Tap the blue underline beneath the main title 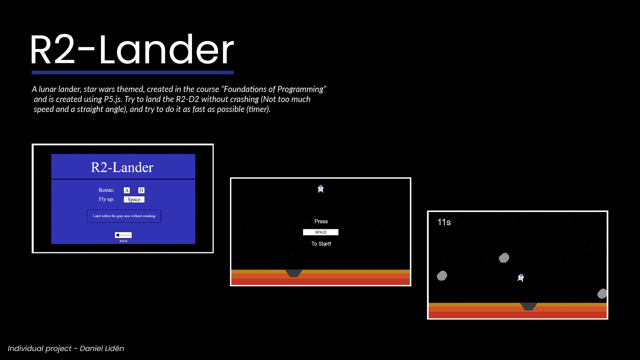[133, 72]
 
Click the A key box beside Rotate [127, 190]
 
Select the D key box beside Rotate [141, 190]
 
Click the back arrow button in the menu [123, 235]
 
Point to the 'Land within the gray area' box [124, 216]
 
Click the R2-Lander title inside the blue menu [122, 167]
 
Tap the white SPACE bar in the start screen [321, 232]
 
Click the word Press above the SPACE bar [321, 222]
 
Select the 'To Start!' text [321, 244]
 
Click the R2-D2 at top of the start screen [321, 189]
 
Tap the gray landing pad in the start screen [294, 273]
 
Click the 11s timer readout [444, 222]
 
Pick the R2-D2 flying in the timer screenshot [521, 278]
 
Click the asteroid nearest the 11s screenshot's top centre [504, 258]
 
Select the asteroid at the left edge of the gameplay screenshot [442, 276]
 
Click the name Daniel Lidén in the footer [102, 348]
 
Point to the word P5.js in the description [113, 99]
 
